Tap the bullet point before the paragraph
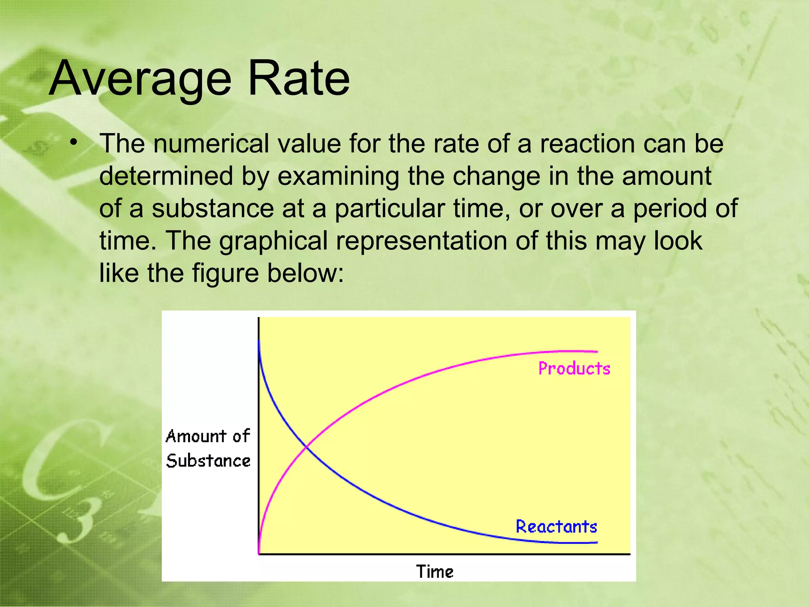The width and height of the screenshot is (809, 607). (73, 143)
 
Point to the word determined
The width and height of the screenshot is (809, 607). (166, 176)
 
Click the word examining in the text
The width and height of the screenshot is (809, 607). (339, 176)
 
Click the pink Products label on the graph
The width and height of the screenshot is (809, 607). (574, 368)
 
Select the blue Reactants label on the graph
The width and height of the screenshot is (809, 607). (556, 527)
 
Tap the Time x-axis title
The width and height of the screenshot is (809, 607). (435, 572)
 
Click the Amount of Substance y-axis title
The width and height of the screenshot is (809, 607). (208, 449)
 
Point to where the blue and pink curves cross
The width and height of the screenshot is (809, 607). (307, 447)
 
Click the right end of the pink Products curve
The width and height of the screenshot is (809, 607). (597, 351)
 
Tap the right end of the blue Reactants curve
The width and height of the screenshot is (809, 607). (597, 543)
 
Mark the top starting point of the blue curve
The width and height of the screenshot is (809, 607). (259, 341)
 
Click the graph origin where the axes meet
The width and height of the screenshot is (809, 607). (259, 554)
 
